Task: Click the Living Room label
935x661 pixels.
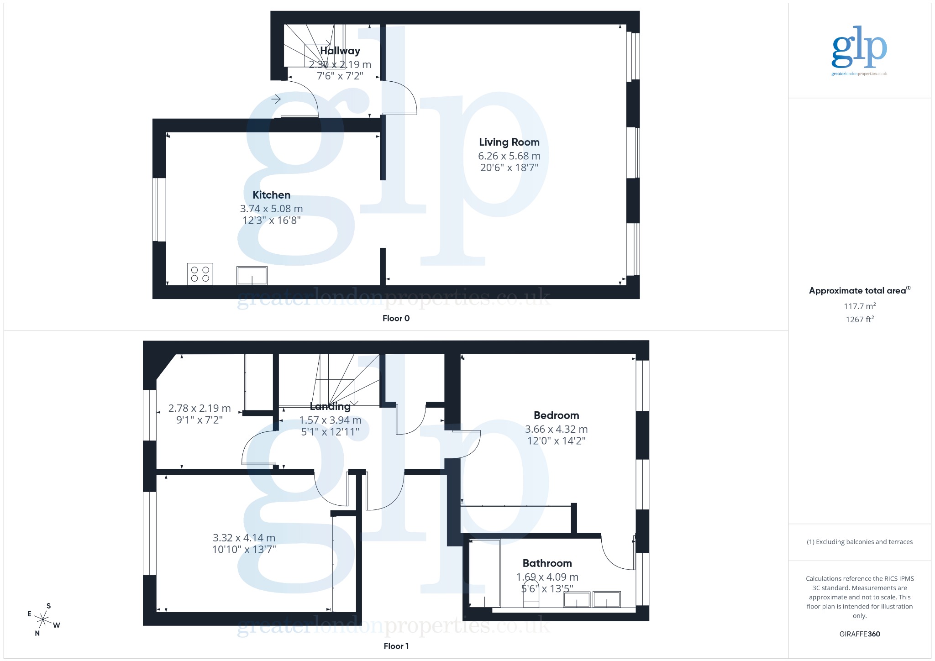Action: coord(509,142)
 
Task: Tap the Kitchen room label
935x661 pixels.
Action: coord(271,195)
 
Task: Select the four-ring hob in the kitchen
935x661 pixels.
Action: coord(200,274)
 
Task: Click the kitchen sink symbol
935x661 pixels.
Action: coord(252,276)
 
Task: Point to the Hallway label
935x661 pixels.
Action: coord(340,51)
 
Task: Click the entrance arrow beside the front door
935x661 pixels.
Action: coord(276,99)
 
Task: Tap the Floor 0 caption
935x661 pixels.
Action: coord(396,318)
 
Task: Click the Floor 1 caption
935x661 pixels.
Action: coord(396,646)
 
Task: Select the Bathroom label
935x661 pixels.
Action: coord(547,563)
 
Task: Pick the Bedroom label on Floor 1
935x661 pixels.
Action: coord(556,415)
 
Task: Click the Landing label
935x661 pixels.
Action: coord(330,406)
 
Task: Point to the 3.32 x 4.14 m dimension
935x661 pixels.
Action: coord(244,538)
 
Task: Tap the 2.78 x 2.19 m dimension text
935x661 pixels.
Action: coord(200,408)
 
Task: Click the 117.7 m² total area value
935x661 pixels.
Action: coord(859,306)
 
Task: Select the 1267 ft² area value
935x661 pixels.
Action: coord(859,320)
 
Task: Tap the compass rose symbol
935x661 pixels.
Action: coord(43,619)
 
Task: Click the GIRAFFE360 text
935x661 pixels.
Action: coord(859,634)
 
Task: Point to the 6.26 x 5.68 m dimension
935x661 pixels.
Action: coord(509,156)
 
